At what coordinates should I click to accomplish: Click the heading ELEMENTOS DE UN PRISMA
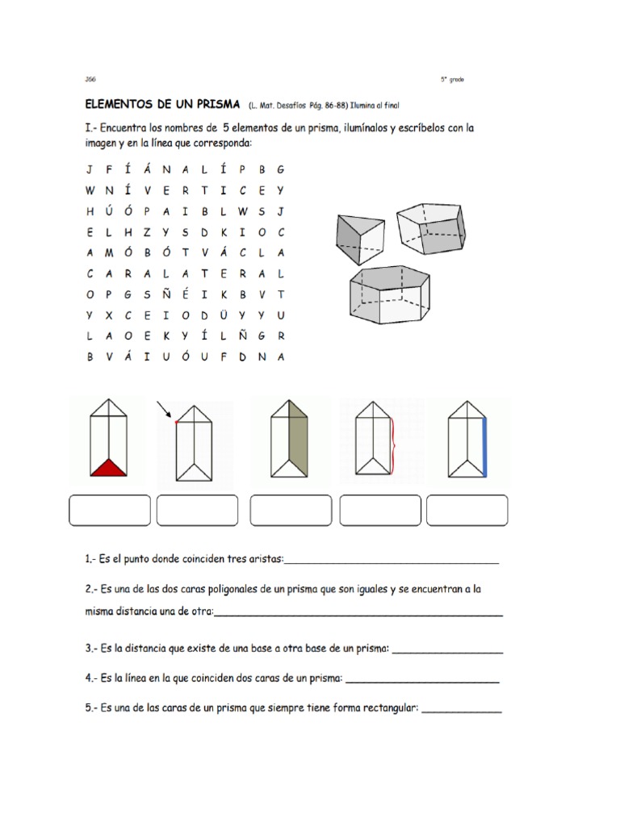pyautogui.click(x=162, y=106)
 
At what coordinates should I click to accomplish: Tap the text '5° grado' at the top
pyautogui.click(x=452, y=79)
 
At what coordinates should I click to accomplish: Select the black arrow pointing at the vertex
pyautogui.click(x=164, y=409)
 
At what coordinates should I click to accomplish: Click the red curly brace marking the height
pyautogui.click(x=393, y=445)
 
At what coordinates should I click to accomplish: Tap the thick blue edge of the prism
pyautogui.click(x=484, y=440)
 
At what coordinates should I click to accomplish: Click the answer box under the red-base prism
pyautogui.click(x=109, y=511)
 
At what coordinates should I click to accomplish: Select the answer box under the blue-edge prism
pyautogui.click(x=467, y=511)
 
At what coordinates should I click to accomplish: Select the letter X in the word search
pyautogui.click(x=107, y=314)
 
